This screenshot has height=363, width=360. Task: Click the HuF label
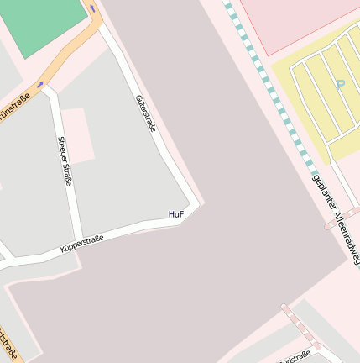click(175, 214)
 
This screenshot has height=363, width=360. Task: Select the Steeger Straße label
click(65, 160)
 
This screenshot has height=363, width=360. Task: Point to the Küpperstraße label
click(82, 245)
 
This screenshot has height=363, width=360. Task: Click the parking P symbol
click(340, 84)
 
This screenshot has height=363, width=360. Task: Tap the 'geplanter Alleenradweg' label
click(336, 219)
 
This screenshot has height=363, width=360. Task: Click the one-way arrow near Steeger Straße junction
click(40, 84)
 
